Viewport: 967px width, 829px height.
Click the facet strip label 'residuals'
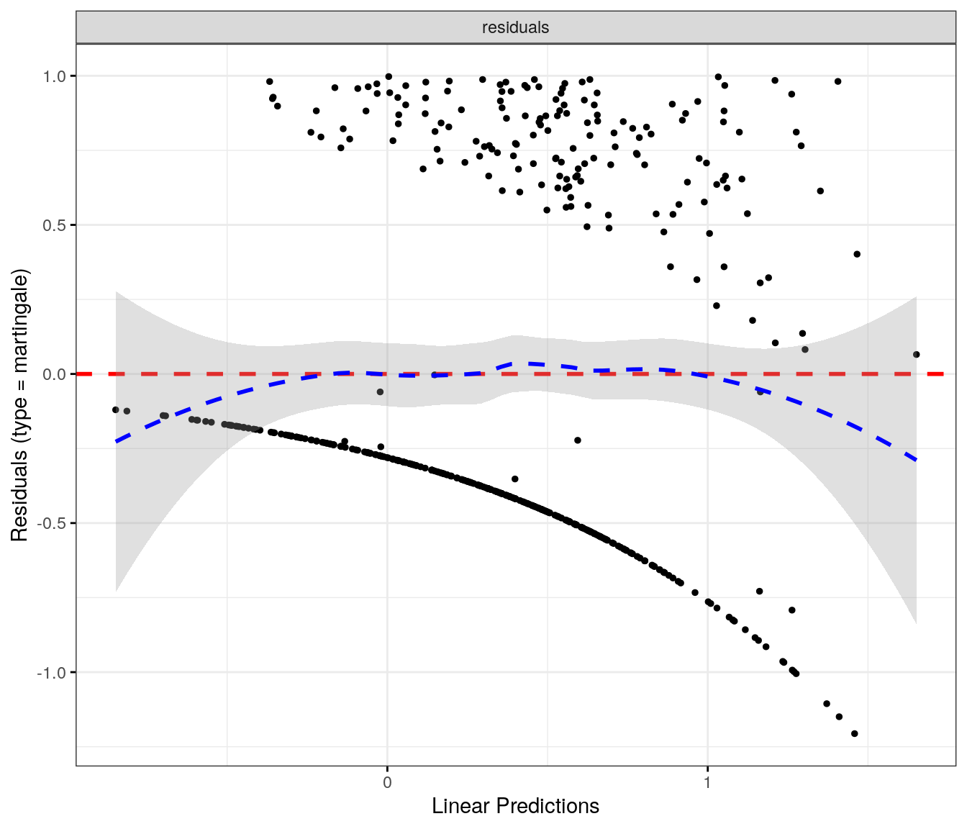coord(515,27)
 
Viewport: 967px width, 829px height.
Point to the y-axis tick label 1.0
coord(55,76)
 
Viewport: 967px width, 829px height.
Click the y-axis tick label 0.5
coord(55,225)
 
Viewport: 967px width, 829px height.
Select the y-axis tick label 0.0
coord(55,374)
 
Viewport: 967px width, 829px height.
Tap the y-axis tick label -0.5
coord(53,523)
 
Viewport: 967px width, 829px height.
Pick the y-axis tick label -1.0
coord(53,672)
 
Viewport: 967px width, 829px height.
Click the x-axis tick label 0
coord(387,782)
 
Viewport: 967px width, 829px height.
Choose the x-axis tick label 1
coord(707,782)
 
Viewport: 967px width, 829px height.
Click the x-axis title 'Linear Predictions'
coord(515,806)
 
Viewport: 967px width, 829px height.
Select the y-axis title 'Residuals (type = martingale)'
coord(19,405)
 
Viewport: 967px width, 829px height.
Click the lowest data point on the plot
coord(855,734)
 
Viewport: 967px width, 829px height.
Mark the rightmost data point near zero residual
coord(916,355)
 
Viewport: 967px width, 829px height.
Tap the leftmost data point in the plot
coord(115,409)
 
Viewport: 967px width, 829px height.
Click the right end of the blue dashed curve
coord(916,459)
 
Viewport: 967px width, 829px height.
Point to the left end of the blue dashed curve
coord(117,441)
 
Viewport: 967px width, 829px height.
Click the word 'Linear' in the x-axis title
coord(458,806)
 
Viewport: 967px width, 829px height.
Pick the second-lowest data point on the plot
coord(839,717)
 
